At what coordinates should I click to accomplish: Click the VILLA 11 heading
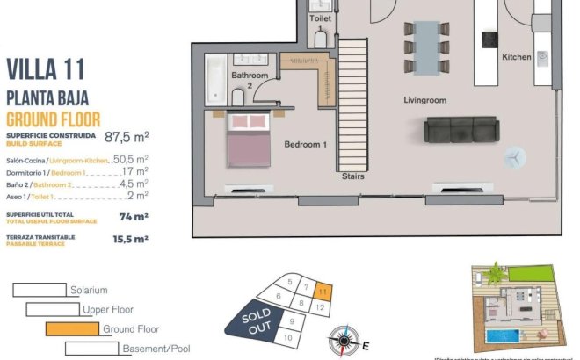[x=47, y=68]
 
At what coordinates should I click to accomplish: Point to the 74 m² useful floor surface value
[x=134, y=216]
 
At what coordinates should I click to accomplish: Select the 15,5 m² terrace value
[x=128, y=238]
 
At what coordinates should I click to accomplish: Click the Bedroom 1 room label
[x=305, y=144]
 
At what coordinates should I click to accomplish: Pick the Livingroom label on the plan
[x=425, y=101]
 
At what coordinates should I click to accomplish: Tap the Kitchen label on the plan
[x=517, y=57]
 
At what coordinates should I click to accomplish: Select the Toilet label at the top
[x=321, y=18]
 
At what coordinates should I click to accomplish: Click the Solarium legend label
[x=91, y=289]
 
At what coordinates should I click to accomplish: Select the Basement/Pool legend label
[x=156, y=349]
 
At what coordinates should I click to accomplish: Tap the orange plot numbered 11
[x=323, y=290]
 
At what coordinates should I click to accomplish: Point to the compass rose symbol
[x=345, y=338]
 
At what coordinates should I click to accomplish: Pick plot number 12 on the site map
[x=320, y=307]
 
